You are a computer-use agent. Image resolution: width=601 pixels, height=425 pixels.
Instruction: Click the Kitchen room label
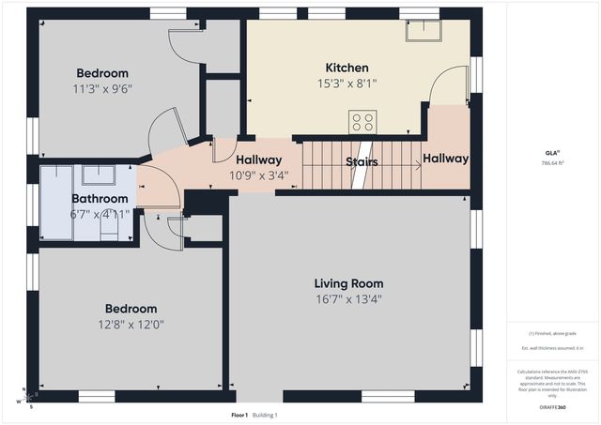tap(347, 68)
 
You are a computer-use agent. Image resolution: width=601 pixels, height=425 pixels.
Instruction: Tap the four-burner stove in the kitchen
tap(362, 122)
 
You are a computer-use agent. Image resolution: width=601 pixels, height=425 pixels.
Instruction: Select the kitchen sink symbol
tap(424, 31)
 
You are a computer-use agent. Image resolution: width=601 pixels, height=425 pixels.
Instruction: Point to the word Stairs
tap(362, 162)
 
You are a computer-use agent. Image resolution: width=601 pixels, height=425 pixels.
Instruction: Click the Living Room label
tap(348, 283)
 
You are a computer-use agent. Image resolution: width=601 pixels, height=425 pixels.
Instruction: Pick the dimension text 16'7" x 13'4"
tap(348, 299)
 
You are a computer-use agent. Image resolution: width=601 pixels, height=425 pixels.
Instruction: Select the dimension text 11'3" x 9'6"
tap(102, 91)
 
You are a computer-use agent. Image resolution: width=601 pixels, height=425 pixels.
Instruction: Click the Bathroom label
tap(100, 199)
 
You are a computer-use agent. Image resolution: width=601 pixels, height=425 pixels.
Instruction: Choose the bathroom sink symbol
tap(99, 175)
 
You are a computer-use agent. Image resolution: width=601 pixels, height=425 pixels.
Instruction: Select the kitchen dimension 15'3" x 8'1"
tap(347, 84)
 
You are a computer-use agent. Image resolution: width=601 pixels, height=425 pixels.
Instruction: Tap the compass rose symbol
tap(25, 398)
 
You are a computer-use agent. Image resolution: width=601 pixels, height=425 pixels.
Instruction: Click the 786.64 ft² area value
tap(553, 162)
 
